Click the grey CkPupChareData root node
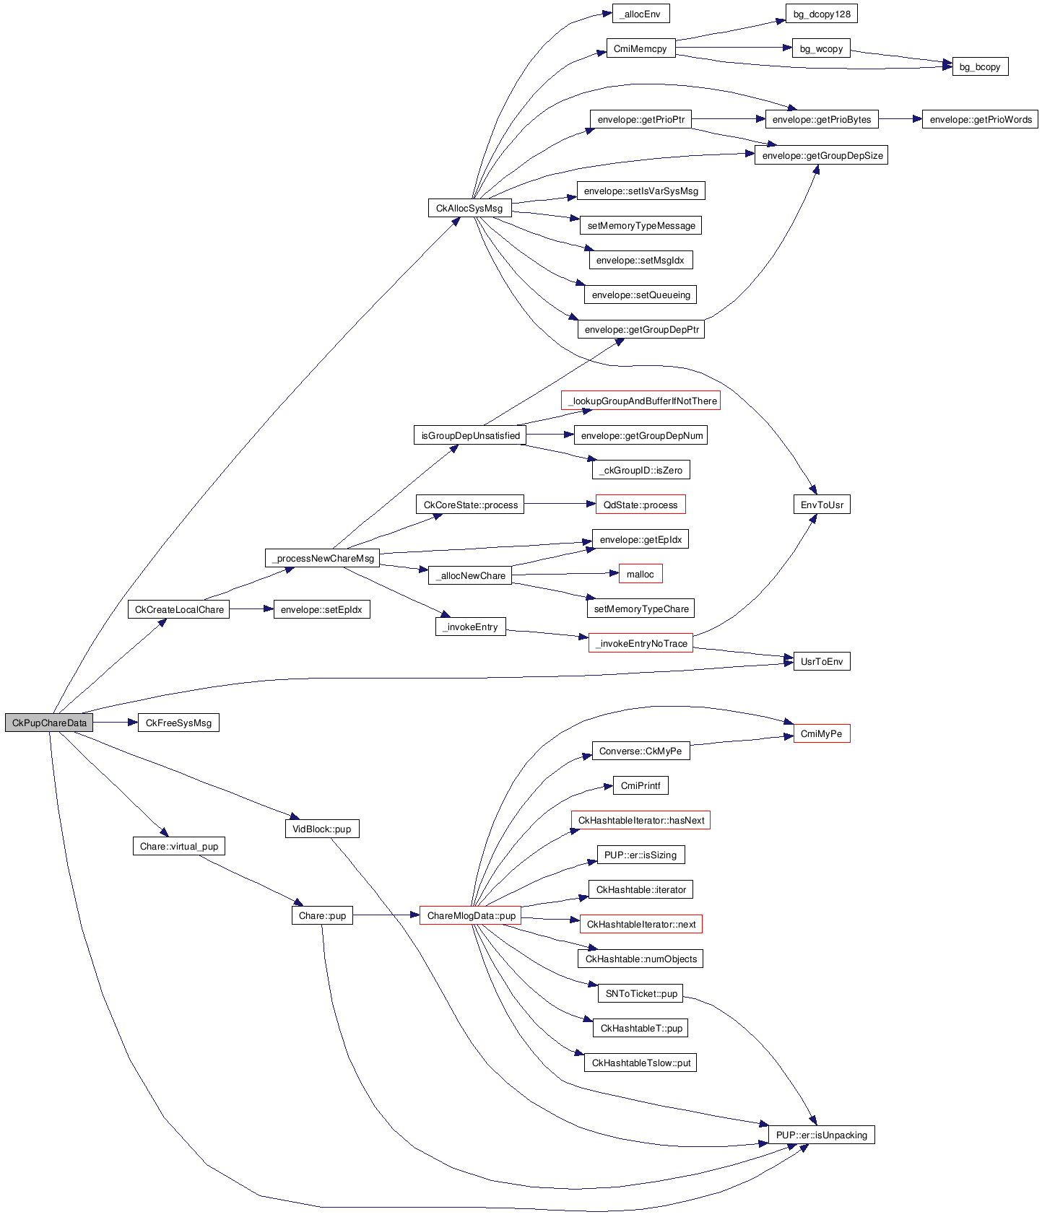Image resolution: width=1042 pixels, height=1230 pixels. click(x=49, y=723)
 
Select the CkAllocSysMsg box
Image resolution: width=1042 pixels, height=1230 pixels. click(x=469, y=208)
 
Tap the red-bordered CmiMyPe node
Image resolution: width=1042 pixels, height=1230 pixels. click(x=821, y=733)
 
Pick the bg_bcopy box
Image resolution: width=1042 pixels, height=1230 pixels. click(x=980, y=66)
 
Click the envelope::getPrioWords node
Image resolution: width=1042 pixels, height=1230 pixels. click(x=980, y=119)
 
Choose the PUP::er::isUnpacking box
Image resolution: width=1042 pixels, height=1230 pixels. click(x=821, y=1135)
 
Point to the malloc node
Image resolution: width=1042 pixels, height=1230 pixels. click(x=641, y=574)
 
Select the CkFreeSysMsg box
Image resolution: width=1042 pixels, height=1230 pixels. click(x=178, y=723)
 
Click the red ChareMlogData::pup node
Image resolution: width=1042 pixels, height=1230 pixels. click(x=471, y=915)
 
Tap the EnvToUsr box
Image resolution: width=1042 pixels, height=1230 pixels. click(x=821, y=505)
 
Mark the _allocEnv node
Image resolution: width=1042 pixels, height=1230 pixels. click(x=641, y=14)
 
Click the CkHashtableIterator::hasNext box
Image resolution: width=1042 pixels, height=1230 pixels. click(x=641, y=820)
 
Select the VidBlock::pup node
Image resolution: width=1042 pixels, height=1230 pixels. click(x=321, y=829)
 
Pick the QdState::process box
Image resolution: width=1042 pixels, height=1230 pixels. click(x=641, y=505)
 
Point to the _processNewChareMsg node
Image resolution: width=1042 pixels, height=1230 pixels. click(x=323, y=558)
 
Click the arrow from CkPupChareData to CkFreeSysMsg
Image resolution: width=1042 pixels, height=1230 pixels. click(x=115, y=723)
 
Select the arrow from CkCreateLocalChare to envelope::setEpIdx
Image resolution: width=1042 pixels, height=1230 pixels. click(x=251, y=609)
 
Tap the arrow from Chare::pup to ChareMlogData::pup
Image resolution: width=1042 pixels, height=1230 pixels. click(x=386, y=915)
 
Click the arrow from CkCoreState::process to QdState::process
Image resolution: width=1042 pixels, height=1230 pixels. click(x=560, y=504)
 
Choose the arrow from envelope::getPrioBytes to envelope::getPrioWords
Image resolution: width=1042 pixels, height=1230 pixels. click(x=900, y=119)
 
